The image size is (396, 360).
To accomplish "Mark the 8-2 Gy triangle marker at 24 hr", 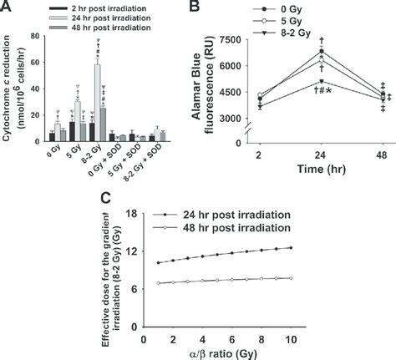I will (x=321, y=81).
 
